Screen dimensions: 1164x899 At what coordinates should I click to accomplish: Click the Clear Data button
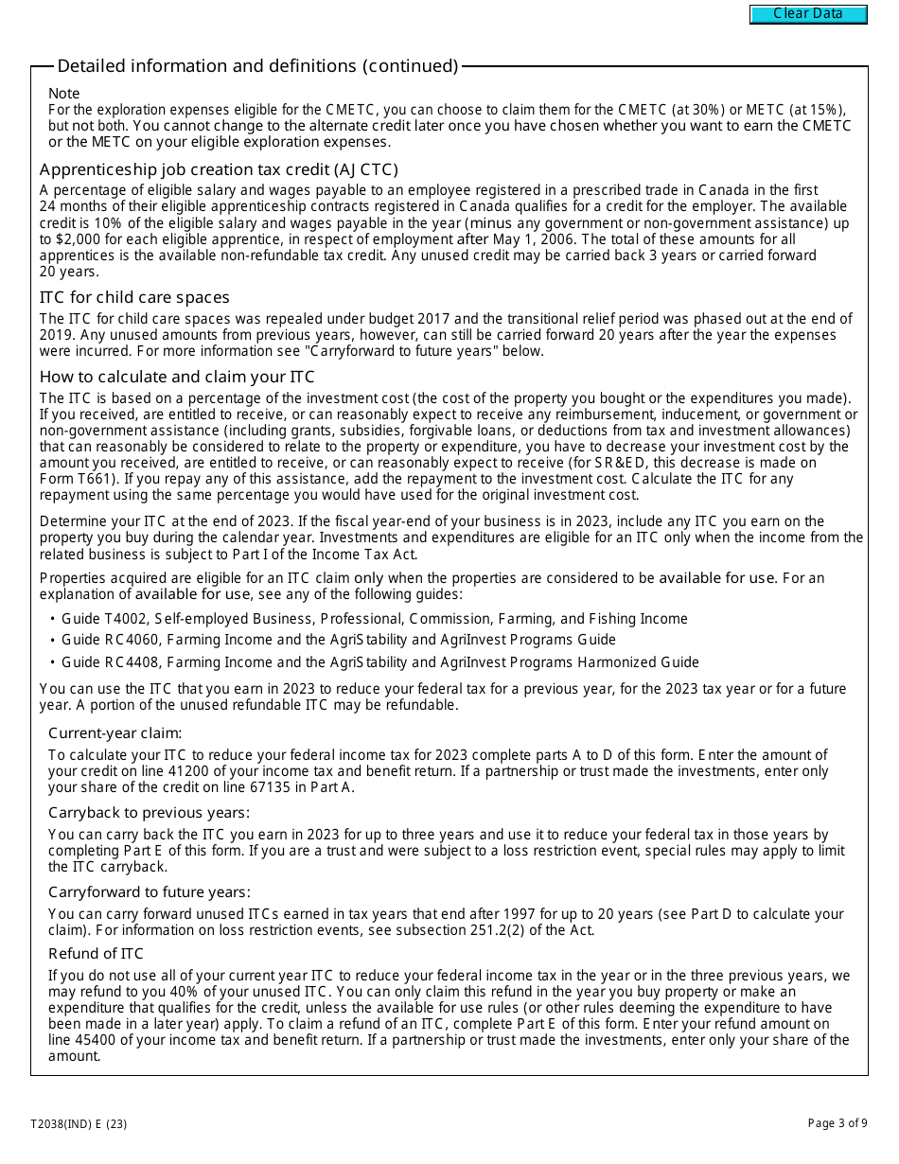[x=808, y=14]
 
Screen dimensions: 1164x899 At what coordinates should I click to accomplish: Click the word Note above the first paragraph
[x=64, y=94]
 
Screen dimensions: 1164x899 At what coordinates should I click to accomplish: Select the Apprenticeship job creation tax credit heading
[x=219, y=169]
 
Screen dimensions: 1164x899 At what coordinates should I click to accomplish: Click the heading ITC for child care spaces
[x=134, y=297]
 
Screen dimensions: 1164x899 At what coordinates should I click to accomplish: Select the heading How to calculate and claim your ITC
[x=177, y=377]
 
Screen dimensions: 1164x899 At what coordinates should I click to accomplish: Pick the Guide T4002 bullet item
[x=374, y=619]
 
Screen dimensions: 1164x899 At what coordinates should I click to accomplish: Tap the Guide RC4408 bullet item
[x=379, y=662]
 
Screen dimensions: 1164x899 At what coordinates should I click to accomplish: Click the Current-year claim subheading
[x=115, y=733]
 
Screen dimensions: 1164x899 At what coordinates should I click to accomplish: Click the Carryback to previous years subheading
[x=150, y=813]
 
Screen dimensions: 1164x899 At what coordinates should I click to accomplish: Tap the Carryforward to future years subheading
[x=150, y=891]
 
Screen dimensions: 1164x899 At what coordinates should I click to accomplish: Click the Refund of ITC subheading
[x=97, y=953]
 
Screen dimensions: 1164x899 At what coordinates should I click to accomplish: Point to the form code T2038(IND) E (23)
[x=79, y=1124]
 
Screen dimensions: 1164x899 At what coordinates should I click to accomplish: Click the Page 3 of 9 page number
[x=837, y=1124]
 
